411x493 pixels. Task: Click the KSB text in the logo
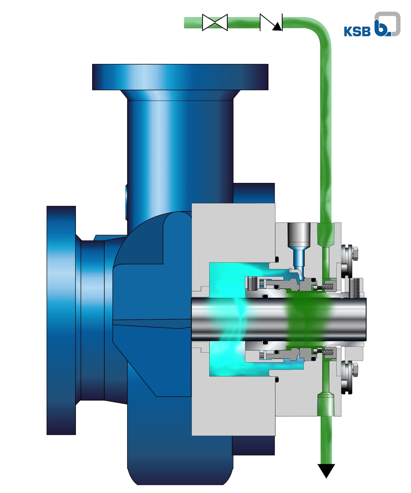[357, 31]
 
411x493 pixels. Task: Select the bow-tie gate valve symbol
[215, 23]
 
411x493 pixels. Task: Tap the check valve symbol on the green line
[271, 23]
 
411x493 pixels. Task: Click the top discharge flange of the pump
[180, 77]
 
